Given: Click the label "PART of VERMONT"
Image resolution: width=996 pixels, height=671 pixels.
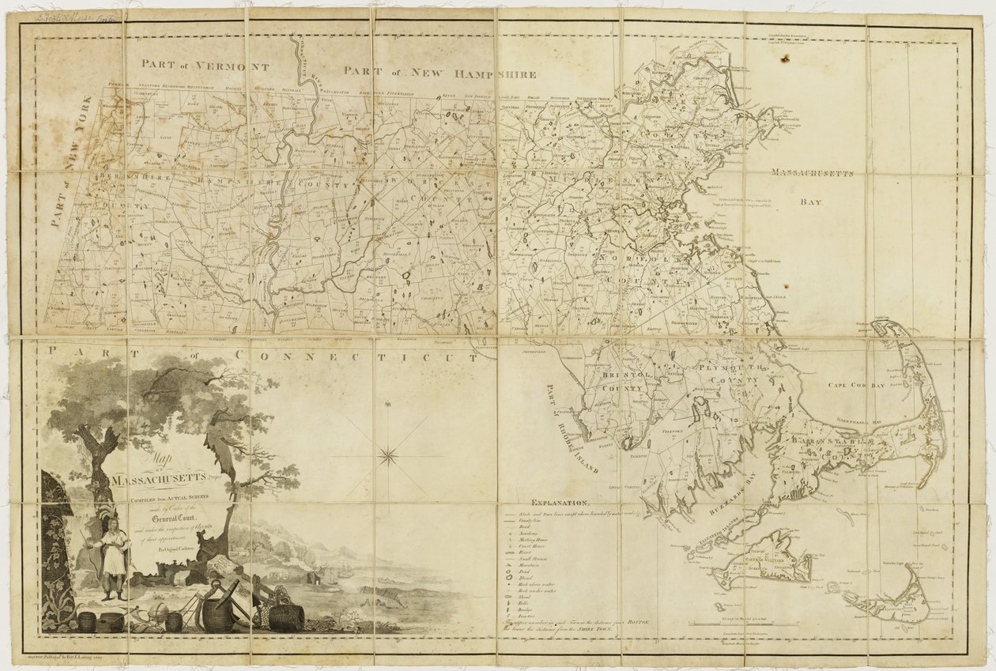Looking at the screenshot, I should click(205, 66).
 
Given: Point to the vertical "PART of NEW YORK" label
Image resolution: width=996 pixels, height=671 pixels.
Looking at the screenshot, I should click(74, 162).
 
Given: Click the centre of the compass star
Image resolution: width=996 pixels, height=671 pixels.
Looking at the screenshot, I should click(388, 454).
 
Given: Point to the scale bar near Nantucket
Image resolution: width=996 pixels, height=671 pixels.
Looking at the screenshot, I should click(743, 624).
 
